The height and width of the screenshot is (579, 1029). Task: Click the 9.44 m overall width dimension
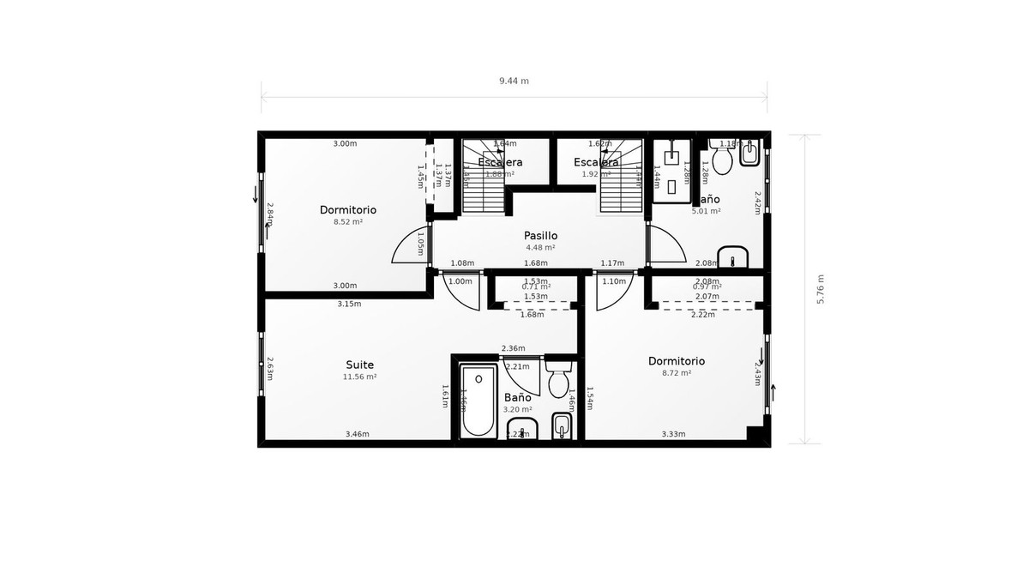[514, 81]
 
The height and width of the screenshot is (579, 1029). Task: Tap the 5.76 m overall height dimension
[821, 289]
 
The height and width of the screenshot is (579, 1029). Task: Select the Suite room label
[359, 365]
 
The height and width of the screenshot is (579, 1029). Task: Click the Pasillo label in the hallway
[540, 235]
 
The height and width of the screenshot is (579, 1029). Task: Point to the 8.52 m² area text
[348, 221]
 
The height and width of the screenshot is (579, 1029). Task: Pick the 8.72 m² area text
[677, 373]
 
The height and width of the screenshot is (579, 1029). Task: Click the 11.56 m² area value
[359, 377]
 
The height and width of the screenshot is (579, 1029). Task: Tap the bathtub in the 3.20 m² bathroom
[478, 401]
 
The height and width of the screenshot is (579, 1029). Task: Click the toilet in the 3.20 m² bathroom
[558, 382]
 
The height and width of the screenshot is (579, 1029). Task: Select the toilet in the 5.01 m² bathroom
[721, 159]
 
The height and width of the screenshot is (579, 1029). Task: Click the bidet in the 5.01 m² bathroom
[749, 154]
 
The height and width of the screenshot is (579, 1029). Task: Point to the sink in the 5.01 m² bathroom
[733, 256]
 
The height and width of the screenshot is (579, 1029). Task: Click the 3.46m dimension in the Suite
[357, 434]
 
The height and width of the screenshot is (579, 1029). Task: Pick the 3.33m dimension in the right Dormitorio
[673, 434]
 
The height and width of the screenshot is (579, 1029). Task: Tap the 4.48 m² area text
[540, 247]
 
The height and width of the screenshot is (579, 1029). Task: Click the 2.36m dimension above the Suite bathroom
[513, 347]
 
